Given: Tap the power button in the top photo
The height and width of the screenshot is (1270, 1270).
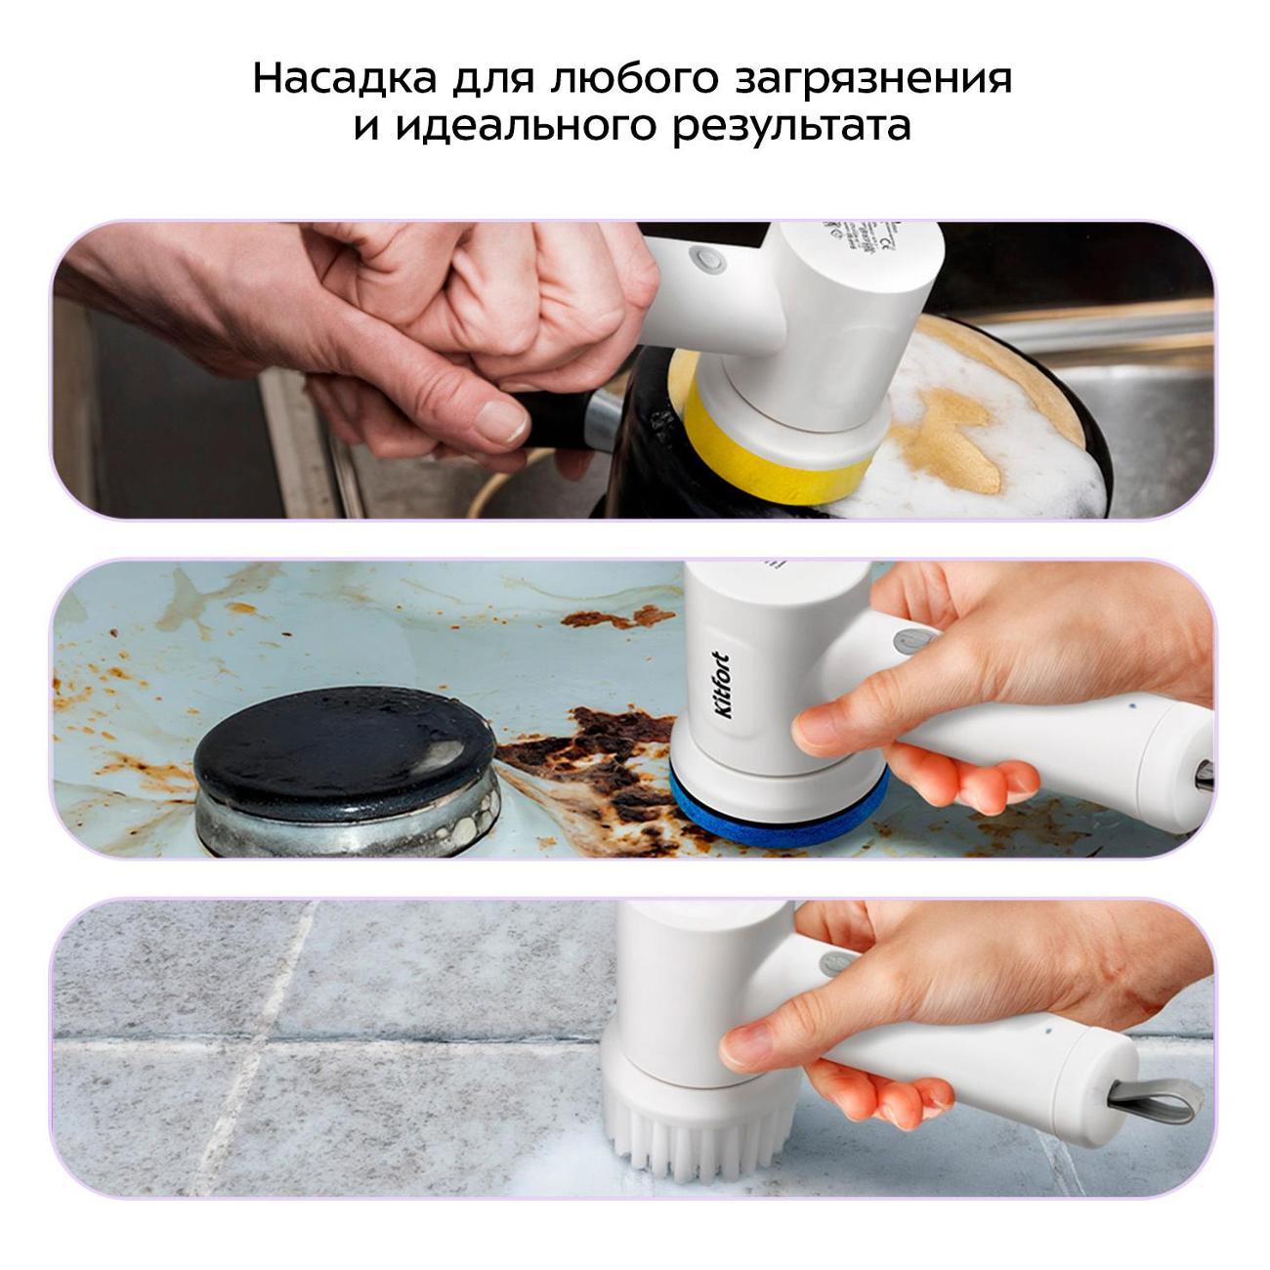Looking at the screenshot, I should click(x=705, y=260).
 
